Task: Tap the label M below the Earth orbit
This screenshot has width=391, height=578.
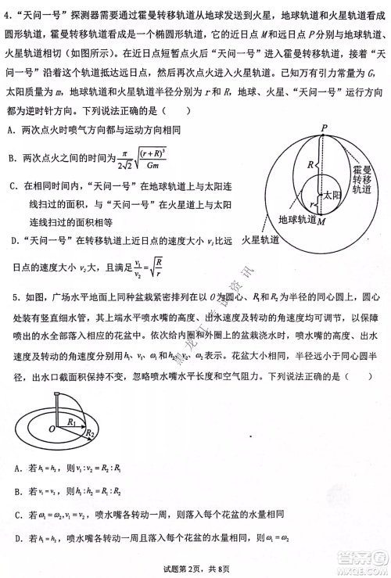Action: (x=321, y=222)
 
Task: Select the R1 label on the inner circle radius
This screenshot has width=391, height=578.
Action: (x=73, y=422)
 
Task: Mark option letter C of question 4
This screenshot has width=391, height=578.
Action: (x=15, y=186)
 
